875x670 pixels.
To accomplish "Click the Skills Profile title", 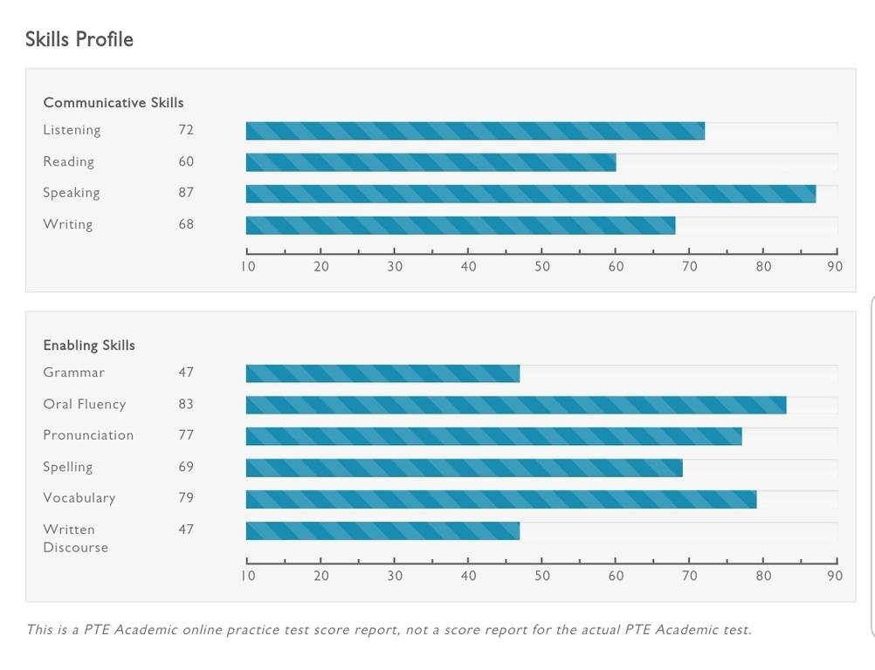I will (79, 39).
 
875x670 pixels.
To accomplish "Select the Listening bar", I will (475, 131).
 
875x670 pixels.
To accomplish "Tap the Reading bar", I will (431, 162).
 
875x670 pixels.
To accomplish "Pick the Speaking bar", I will (530, 194).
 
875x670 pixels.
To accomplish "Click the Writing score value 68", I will (186, 224).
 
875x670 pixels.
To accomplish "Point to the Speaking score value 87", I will (186, 193).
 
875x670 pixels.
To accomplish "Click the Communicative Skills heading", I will (114, 103).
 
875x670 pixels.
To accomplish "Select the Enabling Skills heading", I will (89, 345).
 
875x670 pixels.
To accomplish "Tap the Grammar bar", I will (382, 373).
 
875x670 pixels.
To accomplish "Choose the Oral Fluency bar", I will (515, 405).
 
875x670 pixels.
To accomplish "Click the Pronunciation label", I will (88, 435).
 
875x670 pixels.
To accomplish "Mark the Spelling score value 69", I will (186, 467).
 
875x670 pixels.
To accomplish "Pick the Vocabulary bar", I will (500, 499).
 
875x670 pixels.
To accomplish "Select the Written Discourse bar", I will (382, 530).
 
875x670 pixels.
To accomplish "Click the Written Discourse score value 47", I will (186, 530).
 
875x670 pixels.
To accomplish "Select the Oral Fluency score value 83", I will (186, 404).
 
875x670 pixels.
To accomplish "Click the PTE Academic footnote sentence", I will (389, 630).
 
